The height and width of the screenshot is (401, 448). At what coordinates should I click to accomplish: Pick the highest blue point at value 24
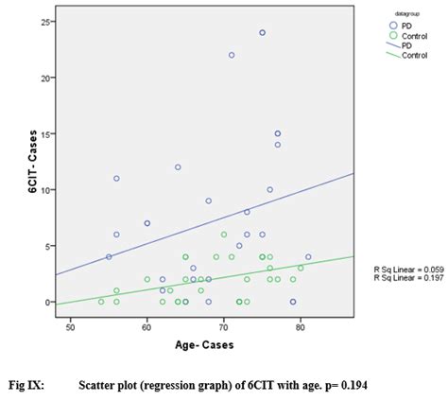click(x=262, y=32)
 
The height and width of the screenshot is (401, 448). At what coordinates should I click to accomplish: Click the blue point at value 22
click(x=232, y=55)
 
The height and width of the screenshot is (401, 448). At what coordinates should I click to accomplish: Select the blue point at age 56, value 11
click(x=116, y=178)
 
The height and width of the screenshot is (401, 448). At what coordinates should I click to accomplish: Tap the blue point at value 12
click(x=178, y=167)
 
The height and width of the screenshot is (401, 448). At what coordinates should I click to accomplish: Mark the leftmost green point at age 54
click(x=101, y=302)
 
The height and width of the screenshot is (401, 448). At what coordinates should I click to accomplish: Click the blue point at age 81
click(x=308, y=256)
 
